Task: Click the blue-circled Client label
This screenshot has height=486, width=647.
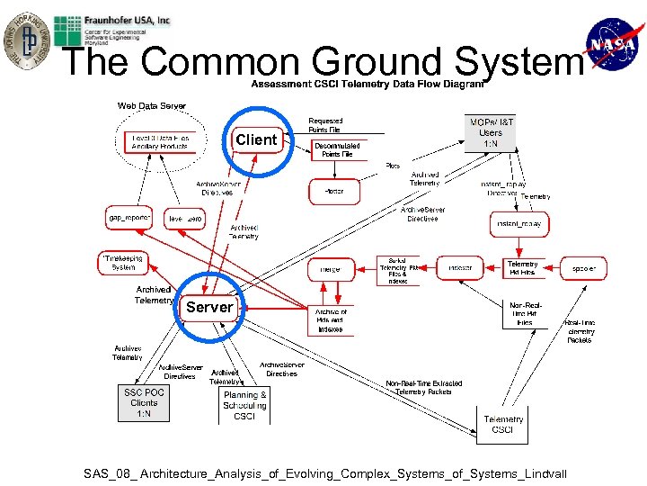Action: point(256,139)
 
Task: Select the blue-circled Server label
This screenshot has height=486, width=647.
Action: point(209,307)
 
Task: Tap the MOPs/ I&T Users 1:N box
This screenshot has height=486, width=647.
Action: point(491,132)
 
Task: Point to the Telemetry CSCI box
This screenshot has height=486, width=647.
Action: point(502,425)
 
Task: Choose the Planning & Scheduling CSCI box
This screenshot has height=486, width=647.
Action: point(244,406)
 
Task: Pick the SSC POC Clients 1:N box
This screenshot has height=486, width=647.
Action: point(144,402)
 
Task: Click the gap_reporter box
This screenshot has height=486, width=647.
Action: point(129,219)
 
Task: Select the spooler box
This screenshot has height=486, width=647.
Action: point(584,267)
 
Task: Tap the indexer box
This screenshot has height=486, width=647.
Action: point(460,267)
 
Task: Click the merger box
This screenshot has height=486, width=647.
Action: point(330,268)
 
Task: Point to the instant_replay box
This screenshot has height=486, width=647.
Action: point(519,224)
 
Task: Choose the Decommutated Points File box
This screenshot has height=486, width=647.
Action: point(337,149)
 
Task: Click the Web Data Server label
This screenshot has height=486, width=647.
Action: point(152,106)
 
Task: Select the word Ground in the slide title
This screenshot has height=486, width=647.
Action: point(378,63)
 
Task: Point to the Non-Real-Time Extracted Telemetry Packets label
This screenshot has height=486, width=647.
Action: point(424,387)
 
